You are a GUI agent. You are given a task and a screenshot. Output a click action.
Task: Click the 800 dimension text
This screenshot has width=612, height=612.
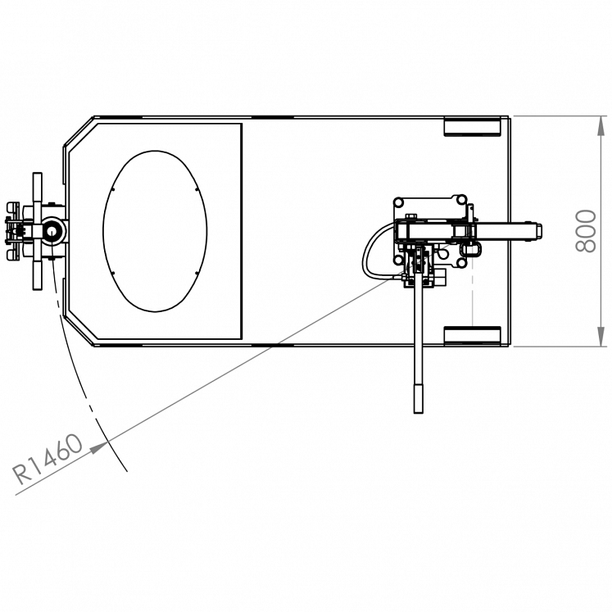(x=585, y=231)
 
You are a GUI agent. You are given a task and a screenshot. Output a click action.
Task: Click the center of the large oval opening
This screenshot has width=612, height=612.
(x=155, y=231)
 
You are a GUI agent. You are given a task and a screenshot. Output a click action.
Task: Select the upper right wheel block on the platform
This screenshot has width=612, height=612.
(x=472, y=126)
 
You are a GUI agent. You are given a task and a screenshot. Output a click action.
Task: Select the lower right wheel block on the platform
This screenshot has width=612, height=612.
(x=472, y=335)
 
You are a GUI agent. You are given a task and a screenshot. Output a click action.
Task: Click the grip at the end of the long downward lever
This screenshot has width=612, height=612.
(x=419, y=398)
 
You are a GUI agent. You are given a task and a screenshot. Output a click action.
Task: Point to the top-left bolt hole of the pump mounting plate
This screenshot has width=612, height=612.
(x=399, y=202)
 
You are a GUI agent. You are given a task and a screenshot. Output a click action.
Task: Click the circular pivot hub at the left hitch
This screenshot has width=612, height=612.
(x=52, y=231)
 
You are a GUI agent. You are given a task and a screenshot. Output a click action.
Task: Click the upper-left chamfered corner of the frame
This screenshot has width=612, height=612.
(x=79, y=132)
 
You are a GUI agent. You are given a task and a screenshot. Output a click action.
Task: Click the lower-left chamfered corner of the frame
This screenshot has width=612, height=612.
(x=79, y=329)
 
